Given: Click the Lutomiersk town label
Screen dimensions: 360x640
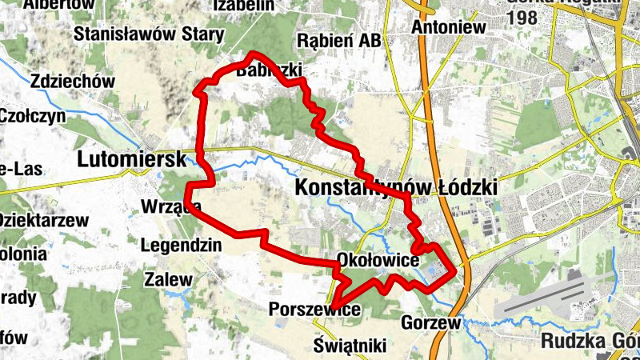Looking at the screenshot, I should pyautogui.click(x=132, y=159).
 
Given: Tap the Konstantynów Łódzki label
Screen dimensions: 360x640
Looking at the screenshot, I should pyautogui.click(x=396, y=187).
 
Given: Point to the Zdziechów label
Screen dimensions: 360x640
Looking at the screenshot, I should pyautogui.click(x=73, y=81).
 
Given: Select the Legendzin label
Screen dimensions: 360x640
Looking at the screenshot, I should pyautogui.click(x=180, y=246).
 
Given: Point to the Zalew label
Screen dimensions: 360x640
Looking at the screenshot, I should pyautogui.click(x=168, y=280).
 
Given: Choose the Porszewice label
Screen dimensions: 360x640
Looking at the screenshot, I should pyautogui.click(x=314, y=309).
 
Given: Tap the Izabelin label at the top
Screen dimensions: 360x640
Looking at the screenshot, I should pyautogui.click(x=245, y=6).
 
